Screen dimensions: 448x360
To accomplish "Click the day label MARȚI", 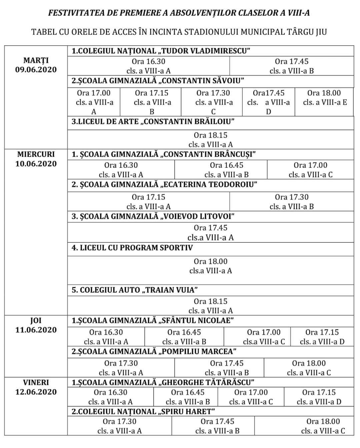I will [x=36, y=60].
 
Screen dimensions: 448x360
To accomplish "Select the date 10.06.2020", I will [x=36, y=164].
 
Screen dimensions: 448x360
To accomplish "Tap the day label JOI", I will [x=36, y=321].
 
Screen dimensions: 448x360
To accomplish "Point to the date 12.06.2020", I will [x=36, y=392].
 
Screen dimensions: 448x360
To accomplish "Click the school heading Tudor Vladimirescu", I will [x=161, y=51].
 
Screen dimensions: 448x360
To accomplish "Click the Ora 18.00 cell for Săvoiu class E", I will [x=324, y=98].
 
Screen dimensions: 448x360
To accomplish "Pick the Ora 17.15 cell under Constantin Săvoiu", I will [x=152, y=102].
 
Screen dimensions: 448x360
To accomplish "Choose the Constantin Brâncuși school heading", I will [x=164, y=154].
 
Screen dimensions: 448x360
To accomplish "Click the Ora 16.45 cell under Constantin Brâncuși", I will [x=227, y=170].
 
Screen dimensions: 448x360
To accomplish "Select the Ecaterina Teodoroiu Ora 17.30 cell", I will [x=292, y=202].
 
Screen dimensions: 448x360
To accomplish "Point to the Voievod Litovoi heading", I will [x=153, y=216].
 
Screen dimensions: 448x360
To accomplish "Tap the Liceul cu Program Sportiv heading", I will [x=132, y=248].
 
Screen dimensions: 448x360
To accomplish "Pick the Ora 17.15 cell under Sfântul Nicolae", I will [x=322, y=337].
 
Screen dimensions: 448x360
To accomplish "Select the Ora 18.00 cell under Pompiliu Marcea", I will [x=309, y=368].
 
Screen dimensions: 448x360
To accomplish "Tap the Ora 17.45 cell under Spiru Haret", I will [x=217, y=426].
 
